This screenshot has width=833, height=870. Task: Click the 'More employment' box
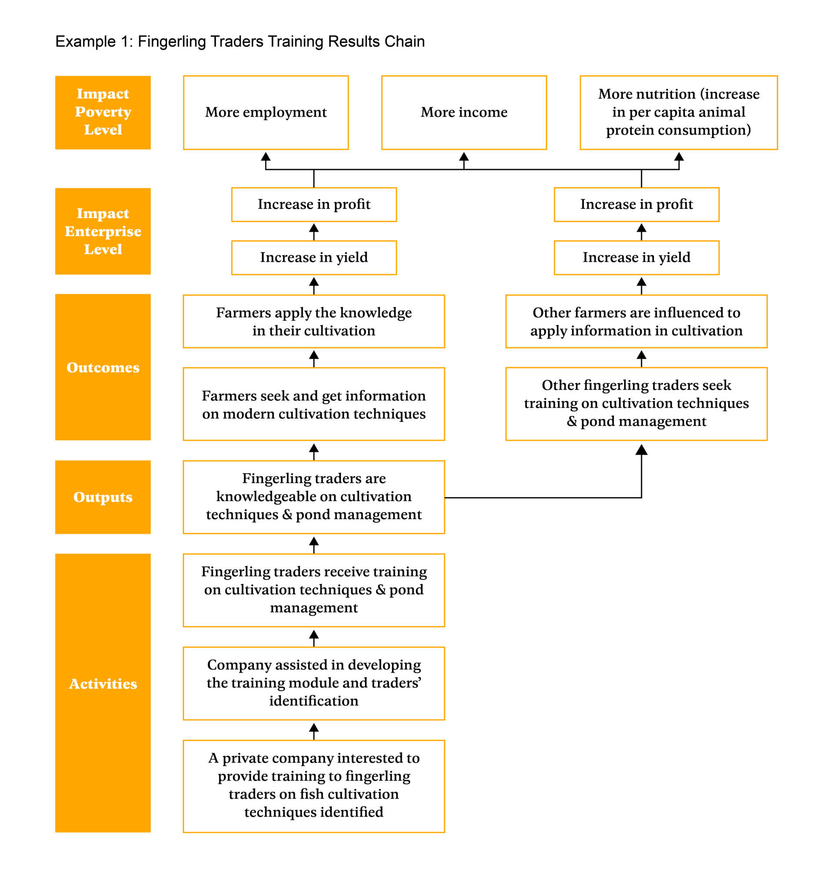[x=265, y=112]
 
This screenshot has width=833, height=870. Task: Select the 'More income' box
[x=463, y=112]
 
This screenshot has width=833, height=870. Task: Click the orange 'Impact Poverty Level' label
[x=103, y=112]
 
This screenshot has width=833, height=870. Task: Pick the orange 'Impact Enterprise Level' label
[x=103, y=231]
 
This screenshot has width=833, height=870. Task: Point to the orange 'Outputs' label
[x=103, y=497]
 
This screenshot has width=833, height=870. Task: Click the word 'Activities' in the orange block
[x=103, y=683]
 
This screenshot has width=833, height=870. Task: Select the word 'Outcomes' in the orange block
[x=103, y=367]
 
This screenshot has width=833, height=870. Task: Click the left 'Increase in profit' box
[x=313, y=204]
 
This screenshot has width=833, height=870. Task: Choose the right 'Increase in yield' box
[x=636, y=257]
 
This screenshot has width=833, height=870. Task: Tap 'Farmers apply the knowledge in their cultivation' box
[x=313, y=321]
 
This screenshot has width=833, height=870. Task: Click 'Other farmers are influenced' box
[x=636, y=321]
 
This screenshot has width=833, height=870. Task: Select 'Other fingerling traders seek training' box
[x=636, y=403]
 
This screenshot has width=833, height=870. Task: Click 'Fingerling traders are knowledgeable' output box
[x=313, y=496]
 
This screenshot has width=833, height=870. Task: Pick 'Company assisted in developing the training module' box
[x=313, y=683]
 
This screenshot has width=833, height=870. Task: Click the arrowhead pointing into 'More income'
[x=463, y=157]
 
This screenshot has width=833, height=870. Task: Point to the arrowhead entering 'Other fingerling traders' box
[x=641, y=450]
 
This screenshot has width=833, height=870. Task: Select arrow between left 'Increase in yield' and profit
[x=313, y=231]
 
